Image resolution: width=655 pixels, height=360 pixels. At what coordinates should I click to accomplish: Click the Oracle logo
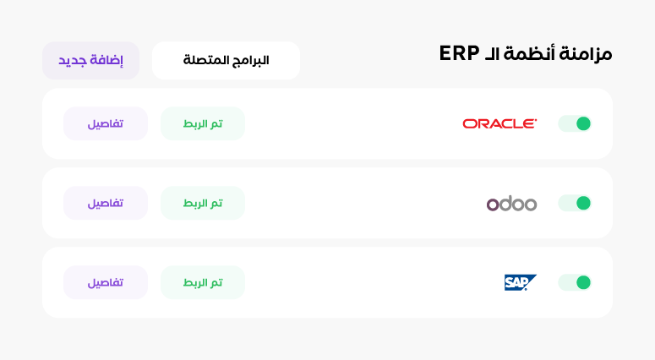click(499, 123)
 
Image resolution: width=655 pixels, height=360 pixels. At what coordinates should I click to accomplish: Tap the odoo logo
click(511, 204)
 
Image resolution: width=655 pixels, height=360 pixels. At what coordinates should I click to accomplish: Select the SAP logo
click(520, 282)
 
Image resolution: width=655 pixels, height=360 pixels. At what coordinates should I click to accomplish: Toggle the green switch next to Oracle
click(575, 123)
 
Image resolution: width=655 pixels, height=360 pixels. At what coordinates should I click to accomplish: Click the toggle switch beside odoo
click(575, 203)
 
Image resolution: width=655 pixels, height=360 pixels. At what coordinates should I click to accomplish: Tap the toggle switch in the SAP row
click(575, 282)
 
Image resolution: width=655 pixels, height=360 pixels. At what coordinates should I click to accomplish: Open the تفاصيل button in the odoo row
click(106, 203)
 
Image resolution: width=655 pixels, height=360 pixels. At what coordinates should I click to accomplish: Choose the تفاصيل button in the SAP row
click(106, 282)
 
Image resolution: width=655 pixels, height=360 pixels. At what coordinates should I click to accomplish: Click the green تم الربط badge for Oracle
click(203, 123)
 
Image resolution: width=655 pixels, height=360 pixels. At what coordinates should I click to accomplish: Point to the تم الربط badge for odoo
click(203, 203)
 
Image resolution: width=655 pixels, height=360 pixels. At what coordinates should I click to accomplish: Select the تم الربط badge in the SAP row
click(203, 282)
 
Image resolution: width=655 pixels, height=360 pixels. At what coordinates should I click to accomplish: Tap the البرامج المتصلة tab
click(226, 61)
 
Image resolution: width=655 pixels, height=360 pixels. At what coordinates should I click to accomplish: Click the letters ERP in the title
click(459, 53)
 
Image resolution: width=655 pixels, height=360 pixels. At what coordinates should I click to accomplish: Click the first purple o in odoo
click(493, 205)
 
